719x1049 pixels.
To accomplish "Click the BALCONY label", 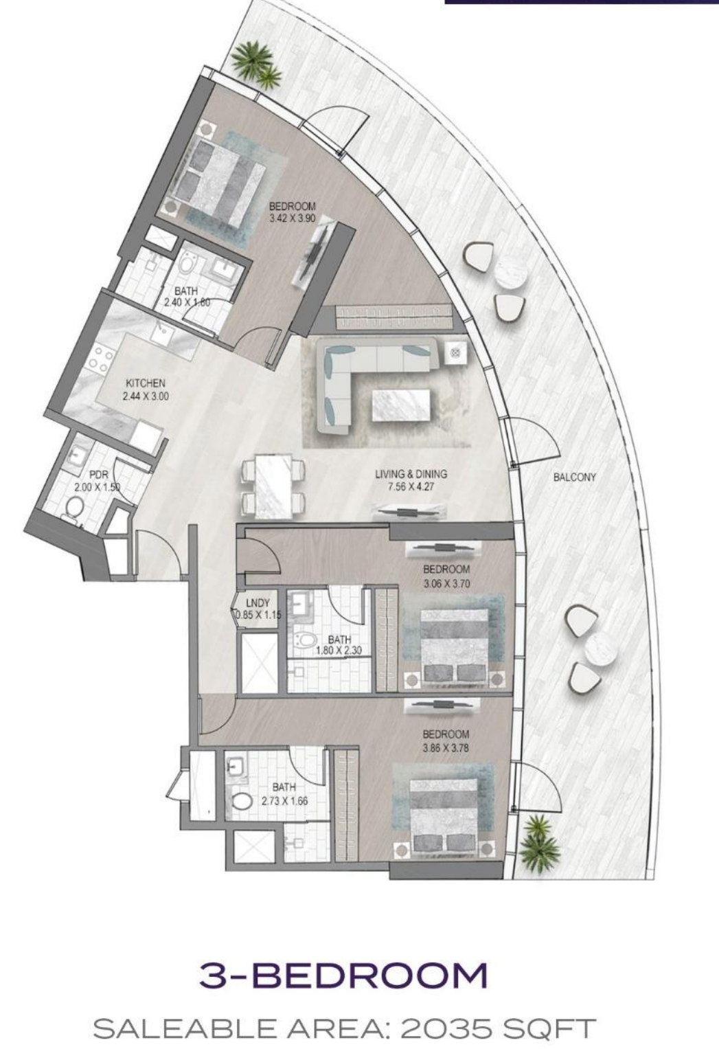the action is pos(574,477).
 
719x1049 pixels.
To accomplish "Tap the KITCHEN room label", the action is pos(146,383).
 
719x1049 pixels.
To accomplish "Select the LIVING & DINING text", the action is pos(411,474).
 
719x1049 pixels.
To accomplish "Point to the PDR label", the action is pos(98,475).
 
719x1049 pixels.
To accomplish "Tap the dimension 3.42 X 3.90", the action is pos(293,218).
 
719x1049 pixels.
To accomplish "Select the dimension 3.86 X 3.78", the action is pos(446,748).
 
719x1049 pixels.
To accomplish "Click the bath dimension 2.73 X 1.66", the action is pos(284,801).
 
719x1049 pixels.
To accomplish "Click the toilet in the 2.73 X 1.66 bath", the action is pos(242,801).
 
